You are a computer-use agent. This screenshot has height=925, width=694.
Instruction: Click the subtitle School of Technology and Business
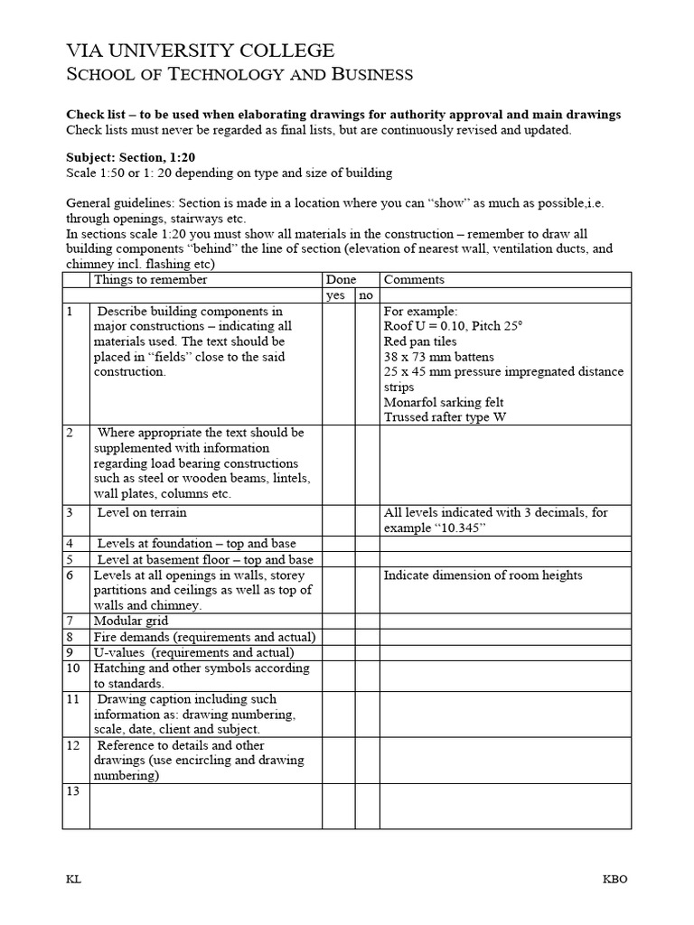coord(240,75)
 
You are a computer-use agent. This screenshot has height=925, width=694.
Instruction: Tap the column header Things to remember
coord(151,280)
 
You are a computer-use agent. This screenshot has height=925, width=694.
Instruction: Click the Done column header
coord(341,280)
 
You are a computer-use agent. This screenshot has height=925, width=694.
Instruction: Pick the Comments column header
coord(414,280)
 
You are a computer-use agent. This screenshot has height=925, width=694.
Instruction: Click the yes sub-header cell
coord(335,295)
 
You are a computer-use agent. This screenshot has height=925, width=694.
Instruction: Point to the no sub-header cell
coord(366,295)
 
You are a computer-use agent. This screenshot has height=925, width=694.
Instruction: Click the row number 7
coord(70,621)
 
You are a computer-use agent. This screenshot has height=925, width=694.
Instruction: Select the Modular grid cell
coord(131,621)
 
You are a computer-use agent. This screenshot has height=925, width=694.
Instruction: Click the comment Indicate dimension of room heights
coord(483,575)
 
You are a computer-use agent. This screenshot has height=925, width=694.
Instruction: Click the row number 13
coord(73,791)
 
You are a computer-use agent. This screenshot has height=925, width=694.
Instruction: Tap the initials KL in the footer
coord(73,880)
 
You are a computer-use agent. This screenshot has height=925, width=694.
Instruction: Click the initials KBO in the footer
coord(615,880)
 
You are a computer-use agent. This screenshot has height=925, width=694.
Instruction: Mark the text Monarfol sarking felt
coord(444,402)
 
